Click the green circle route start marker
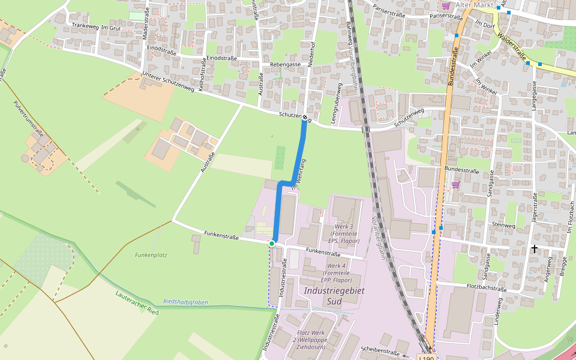coord(272,243)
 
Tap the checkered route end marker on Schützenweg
coord(305,118)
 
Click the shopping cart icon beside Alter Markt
coord(446,5)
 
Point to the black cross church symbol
coord(534,248)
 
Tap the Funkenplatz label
coord(151,255)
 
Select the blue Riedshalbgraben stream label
coord(185,302)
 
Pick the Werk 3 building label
coord(344,233)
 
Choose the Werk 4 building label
coord(336,272)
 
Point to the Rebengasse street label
coord(285,64)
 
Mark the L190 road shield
coord(426,358)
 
